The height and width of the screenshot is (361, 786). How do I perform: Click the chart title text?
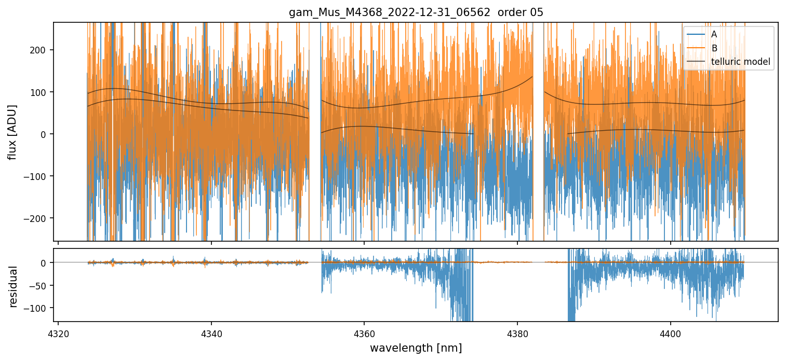click(416, 12)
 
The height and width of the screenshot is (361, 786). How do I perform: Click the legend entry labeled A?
click(714, 34)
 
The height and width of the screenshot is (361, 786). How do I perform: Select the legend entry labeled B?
click(714, 48)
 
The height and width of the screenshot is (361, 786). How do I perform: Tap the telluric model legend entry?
click(740, 62)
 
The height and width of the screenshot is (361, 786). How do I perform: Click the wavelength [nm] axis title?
click(416, 348)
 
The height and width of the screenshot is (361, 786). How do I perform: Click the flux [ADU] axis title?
click(11, 132)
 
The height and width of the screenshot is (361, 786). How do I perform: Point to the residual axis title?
click(14, 286)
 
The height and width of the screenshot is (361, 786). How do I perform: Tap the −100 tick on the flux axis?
click(37, 176)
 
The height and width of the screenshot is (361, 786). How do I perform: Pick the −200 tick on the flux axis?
click(37, 218)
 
